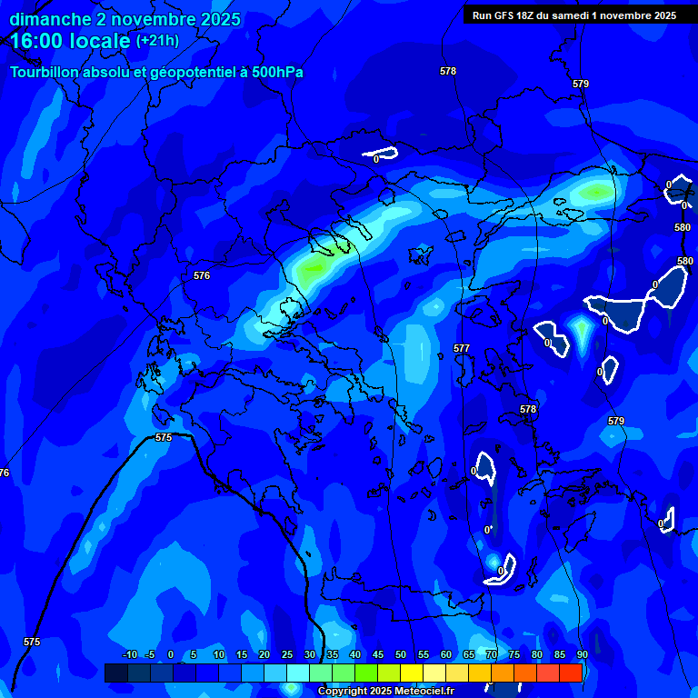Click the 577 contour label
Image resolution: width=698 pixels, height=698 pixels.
tap(462, 348)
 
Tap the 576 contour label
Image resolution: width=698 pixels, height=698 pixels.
tap(202, 275)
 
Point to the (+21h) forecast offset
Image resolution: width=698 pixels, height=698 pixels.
tap(157, 41)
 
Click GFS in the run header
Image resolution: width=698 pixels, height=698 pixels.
tap(502, 15)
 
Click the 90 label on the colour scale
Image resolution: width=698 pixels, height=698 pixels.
tap(582, 654)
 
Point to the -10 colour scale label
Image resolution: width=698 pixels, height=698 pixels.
tap(129, 654)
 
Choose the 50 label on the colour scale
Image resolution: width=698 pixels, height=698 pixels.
tap(401, 654)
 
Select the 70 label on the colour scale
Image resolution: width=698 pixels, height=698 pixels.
tap(492, 654)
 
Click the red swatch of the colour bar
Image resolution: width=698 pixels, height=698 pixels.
tap(571, 673)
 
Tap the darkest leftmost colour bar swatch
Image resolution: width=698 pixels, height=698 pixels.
tap(115, 673)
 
